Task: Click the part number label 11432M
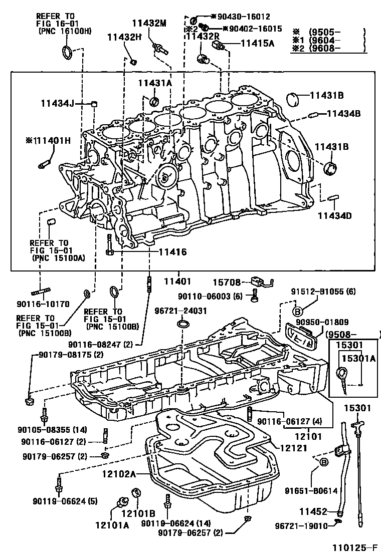(x=149, y=23)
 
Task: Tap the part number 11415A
(x=257, y=43)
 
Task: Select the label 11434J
(x=57, y=104)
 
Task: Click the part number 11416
(x=170, y=252)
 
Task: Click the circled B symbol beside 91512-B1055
(x=296, y=310)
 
